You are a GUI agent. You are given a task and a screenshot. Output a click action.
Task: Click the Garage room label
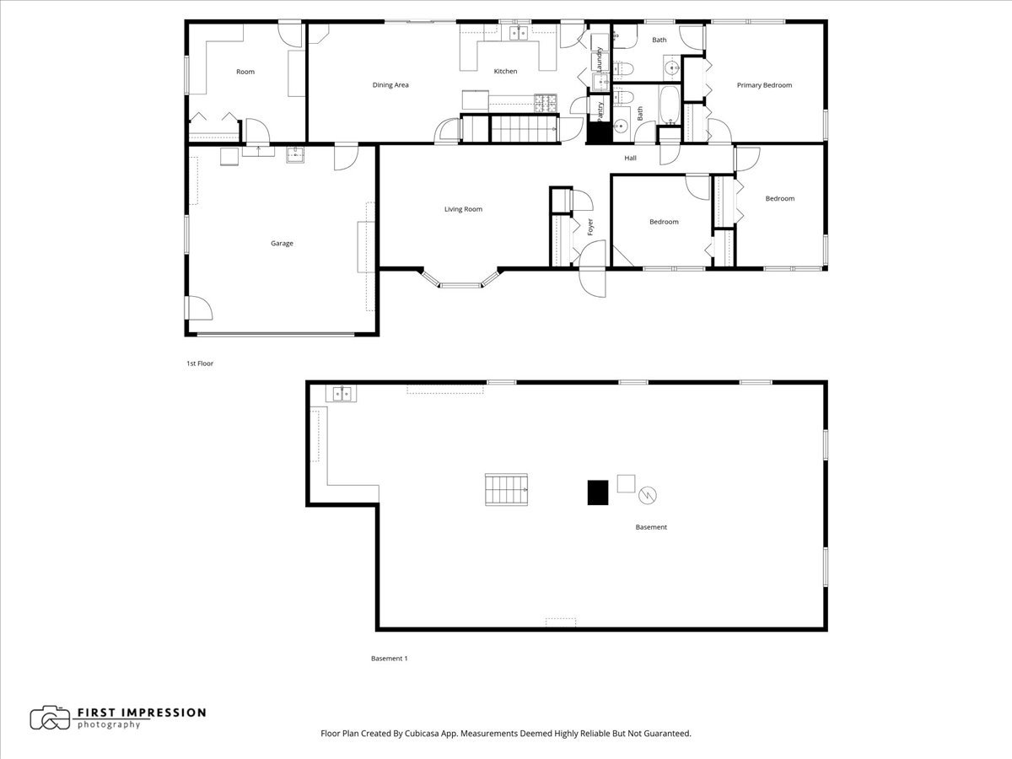pos(282,244)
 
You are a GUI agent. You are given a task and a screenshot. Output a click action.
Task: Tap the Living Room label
pos(463,209)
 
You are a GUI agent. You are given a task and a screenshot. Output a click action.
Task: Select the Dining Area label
pos(390,85)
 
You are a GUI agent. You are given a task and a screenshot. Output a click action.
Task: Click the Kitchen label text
pos(505,72)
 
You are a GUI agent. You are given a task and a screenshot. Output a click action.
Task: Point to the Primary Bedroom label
pos(764,85)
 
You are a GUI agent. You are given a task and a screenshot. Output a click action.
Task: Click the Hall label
pos(630,159)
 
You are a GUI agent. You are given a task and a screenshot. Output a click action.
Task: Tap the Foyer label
pos(590,227)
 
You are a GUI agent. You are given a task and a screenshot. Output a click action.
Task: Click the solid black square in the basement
pos(598,493)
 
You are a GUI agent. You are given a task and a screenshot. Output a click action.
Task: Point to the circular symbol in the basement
pos(648,495)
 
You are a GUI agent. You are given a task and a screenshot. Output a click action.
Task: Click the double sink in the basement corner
pos(342,393)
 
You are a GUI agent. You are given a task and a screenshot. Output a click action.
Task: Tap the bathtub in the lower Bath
pos(668,105)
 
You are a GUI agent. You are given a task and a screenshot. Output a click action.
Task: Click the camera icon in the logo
pos(50,718)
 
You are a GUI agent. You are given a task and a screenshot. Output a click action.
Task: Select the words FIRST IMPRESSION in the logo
pos(141,713)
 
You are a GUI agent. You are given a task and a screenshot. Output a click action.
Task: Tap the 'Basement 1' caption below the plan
pos(389,659)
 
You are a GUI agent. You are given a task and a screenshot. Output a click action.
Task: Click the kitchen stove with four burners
pos(546,103)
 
